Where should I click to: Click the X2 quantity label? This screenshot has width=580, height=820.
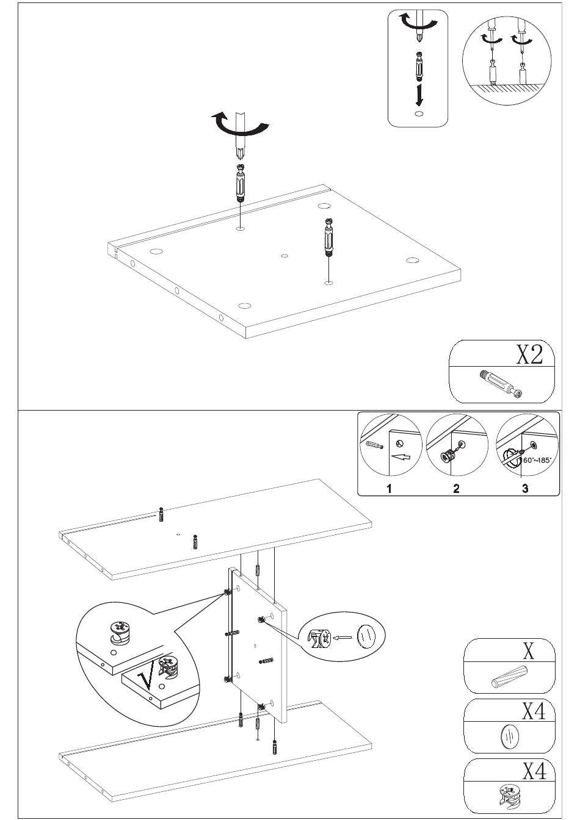coord(529,354)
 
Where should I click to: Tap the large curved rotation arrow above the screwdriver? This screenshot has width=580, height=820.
coord(239,124)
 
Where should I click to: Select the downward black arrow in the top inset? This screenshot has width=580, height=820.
coord(418,95)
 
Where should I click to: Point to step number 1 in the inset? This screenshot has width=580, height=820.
coord(389,488)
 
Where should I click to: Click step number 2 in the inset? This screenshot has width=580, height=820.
coord(456,488)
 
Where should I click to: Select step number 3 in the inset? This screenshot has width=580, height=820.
coord(525,488)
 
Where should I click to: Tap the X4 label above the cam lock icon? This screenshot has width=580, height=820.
coord(534,771)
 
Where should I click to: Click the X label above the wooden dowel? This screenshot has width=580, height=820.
coord(529,651)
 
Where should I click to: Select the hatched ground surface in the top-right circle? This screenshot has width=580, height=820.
coord(507,88)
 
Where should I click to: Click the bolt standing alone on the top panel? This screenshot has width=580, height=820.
coord(328,239)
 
